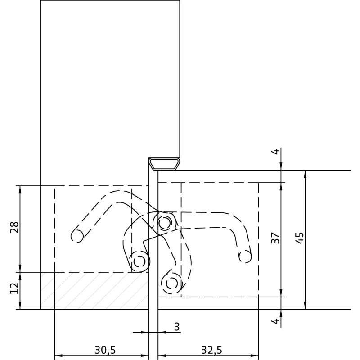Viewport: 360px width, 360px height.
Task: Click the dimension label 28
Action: pyautogui.click(x=14, y=228)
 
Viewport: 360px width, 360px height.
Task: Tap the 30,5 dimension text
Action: pyautogui.click(x=105, y=350)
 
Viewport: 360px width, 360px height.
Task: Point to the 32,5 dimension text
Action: pyautogui.click(x=211, y=350)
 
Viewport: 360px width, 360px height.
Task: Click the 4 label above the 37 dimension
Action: pyautogui.click(x=275, y=152)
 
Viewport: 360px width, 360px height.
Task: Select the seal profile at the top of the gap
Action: pyautogui.click(x=165, y=164)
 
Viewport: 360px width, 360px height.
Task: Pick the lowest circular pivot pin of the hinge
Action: pyautogui.click(x=171, y=283)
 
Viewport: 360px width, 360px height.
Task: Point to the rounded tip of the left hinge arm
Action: pyautogui.click(x=77, y=236)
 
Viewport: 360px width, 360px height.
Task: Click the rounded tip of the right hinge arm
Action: pyautogui.click(x=245, y=256)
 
